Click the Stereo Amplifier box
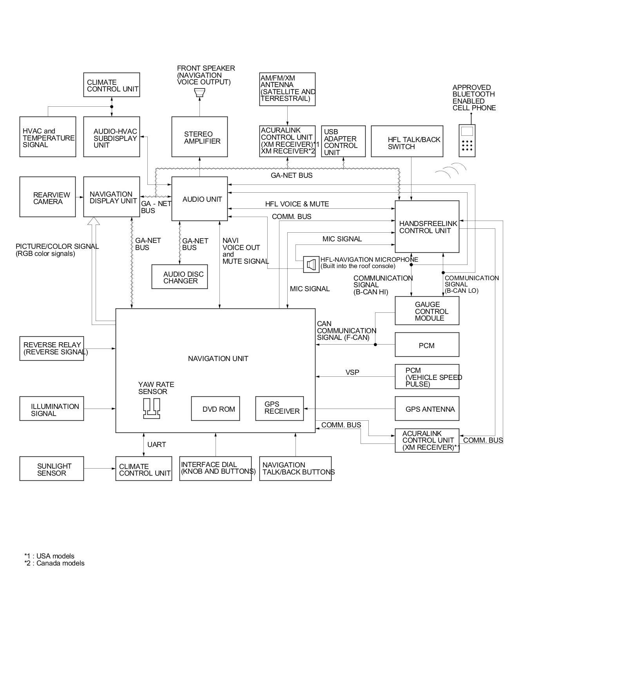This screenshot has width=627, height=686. [x=199, y=137]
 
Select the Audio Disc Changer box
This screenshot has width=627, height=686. [x=179, y=277]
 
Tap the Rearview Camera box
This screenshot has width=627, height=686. [x=47, y=197]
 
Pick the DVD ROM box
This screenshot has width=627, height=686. [x=216, y=409]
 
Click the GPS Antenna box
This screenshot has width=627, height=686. [x=427, y=409]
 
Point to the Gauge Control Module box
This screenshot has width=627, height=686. [x=427, y=311]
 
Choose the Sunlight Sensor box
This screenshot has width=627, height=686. [x=52, y=469]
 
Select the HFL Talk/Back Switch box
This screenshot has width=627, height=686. [x=407, y=142]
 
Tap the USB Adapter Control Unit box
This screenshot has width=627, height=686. [x=343, y=142]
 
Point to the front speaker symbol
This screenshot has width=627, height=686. [x=199, y=93]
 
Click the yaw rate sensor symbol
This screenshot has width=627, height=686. [x=151, y=409]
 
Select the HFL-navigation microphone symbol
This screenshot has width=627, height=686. [x=311, y=265]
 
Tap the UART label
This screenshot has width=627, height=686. [x=156, y=445]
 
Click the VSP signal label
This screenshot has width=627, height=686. [x=352, y=372]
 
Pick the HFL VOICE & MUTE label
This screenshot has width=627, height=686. [x=297, y=204]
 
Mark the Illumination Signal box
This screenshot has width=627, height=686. [x=52, y=409]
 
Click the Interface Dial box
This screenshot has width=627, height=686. [x=216, y=469]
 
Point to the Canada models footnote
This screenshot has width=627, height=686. [x=54, y=563]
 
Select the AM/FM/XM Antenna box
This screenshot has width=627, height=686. [x=287, y=89]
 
